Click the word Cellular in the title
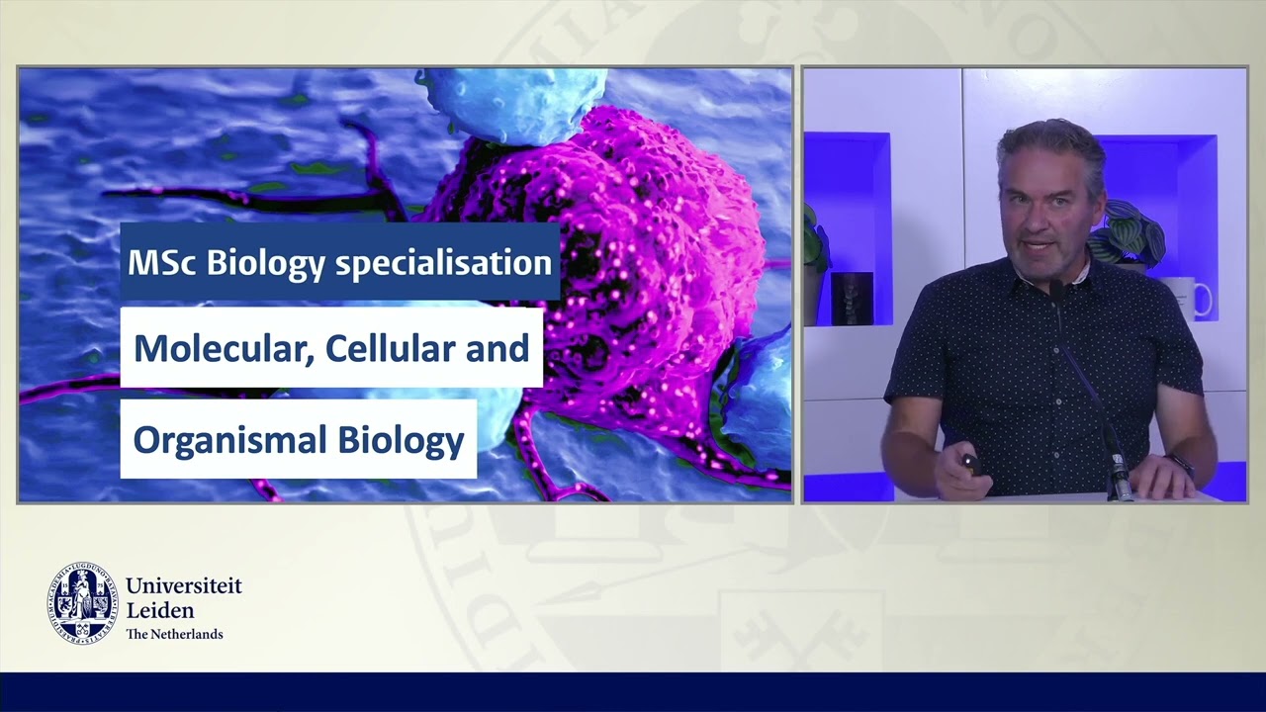[x=398, y=348]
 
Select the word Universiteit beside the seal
[x=184, y=586]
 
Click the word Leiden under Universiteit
[x=160, y=610]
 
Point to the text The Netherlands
[x=174, y=634]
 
